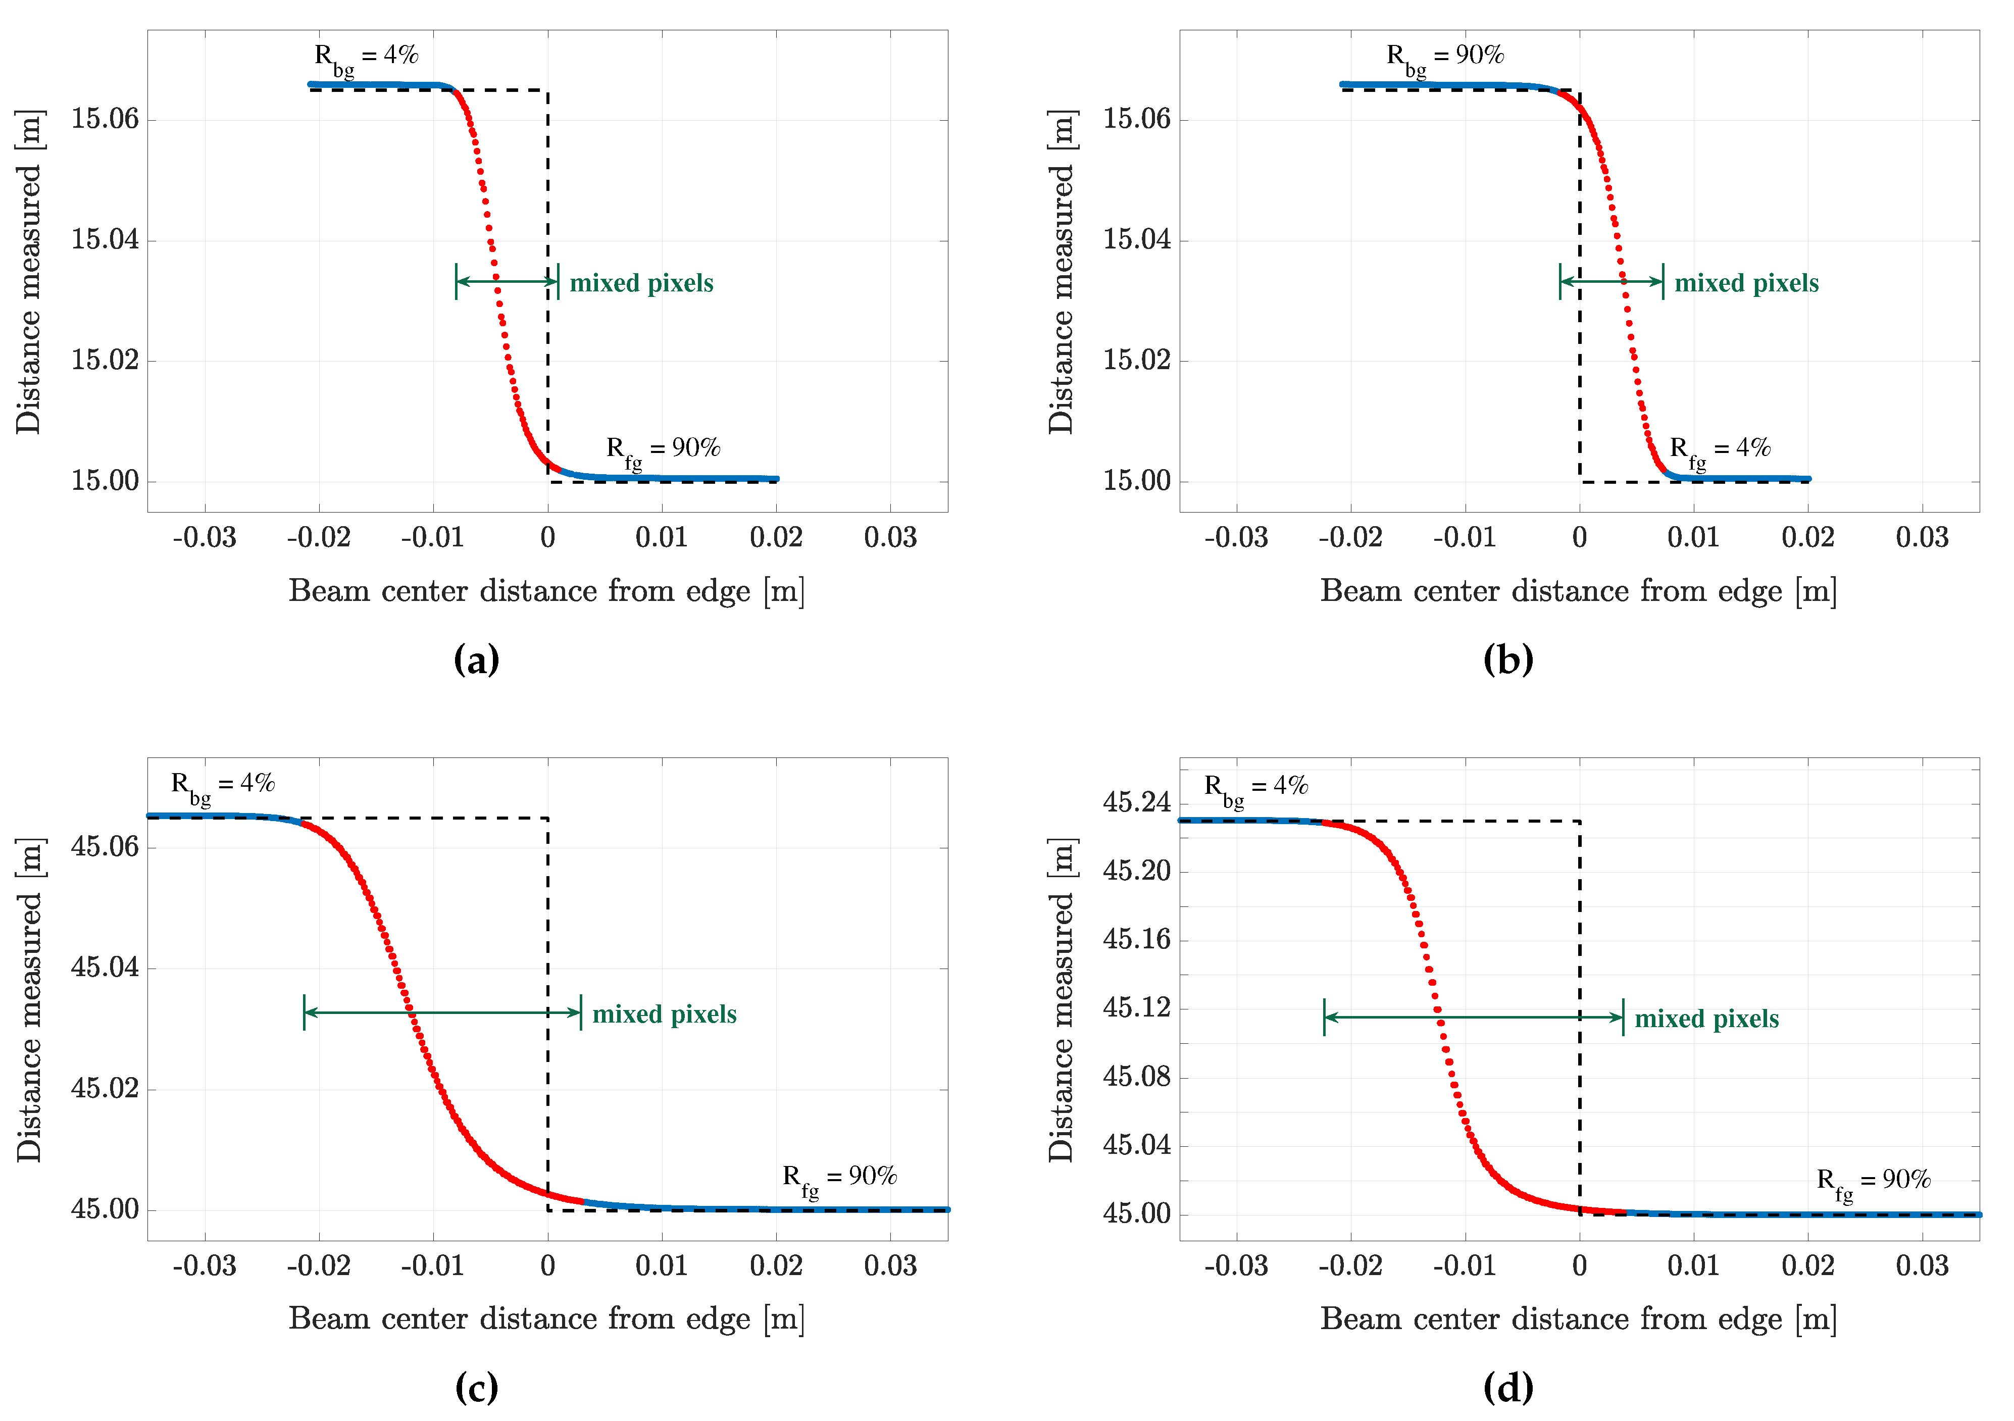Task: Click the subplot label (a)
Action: point(476,659)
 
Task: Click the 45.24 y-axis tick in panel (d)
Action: point(1136,802)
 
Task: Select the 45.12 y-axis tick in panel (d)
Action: point(1136,1008)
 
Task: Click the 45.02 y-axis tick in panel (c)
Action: point(105,1089)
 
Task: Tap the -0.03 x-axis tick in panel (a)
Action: point(205,538)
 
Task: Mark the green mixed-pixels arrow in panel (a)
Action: point(507,282)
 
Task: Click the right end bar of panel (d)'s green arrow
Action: point(1623,1018)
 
